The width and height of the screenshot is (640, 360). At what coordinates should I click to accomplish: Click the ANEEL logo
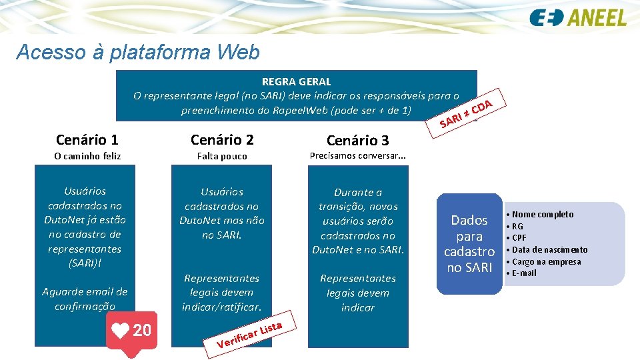point(578,18)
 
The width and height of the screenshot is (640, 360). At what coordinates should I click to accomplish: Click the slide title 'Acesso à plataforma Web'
point(137,52)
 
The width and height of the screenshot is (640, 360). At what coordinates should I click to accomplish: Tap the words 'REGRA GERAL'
point(296,81)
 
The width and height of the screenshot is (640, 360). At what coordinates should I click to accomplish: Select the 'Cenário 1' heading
point(87,139)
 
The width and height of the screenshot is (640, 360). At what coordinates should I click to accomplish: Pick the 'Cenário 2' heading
point(222,139)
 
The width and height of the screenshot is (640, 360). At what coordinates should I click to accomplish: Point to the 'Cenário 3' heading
point(357,140)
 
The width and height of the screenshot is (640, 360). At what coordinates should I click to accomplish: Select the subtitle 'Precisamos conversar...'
point(358,156)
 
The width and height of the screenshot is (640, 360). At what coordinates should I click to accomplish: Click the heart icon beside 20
point(121,330)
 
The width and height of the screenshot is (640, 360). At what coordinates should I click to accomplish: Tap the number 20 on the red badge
point(142,330)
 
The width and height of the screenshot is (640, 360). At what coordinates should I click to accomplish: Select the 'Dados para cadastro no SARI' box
point(469,243)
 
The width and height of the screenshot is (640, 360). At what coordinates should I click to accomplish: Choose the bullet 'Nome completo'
point(542,214)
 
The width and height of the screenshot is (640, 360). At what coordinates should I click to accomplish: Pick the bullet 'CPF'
point(519,237)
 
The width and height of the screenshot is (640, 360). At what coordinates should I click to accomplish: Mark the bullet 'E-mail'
point(524,273)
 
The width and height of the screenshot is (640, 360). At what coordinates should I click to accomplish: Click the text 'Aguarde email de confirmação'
point(85,299)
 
